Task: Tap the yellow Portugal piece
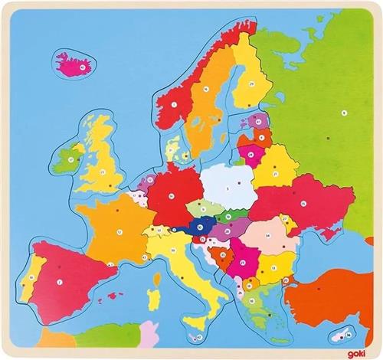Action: [x=30, y=284]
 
